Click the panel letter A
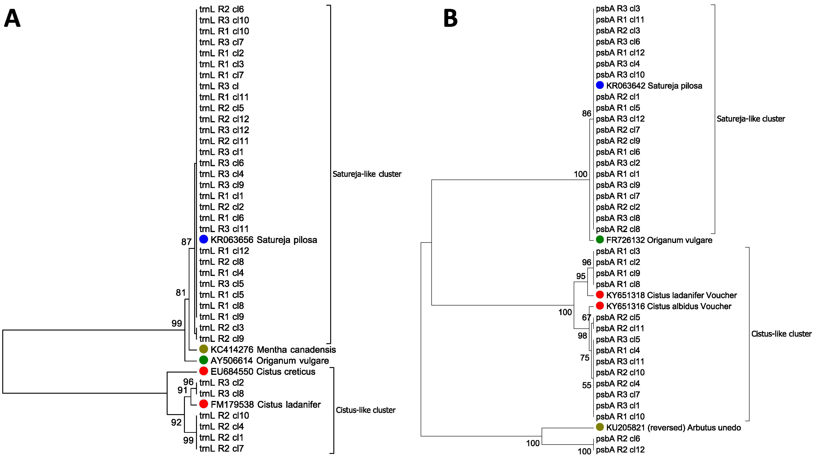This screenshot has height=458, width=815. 12,18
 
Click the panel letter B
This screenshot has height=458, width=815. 450,18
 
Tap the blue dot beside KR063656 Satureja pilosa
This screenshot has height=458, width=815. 204,239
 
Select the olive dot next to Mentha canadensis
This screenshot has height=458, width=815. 204,349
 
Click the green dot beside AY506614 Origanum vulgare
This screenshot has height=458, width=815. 204,360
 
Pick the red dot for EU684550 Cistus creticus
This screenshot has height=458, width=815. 204,371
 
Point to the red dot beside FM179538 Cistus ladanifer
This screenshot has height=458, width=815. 204,404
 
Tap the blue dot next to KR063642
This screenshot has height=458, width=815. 600,85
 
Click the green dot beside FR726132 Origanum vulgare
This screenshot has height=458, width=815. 600,240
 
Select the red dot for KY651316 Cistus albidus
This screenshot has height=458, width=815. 600,306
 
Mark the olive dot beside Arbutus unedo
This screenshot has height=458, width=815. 600,427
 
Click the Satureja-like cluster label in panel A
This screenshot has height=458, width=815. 367,174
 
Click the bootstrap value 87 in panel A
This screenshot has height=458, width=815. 186,242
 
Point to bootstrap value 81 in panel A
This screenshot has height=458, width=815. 181,293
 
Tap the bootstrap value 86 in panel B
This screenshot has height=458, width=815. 586,114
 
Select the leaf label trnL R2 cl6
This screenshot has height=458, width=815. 221,9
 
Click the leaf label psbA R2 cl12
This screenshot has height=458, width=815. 620,449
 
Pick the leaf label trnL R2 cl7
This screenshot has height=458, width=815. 221,448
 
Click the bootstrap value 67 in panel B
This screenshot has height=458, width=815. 586,317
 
